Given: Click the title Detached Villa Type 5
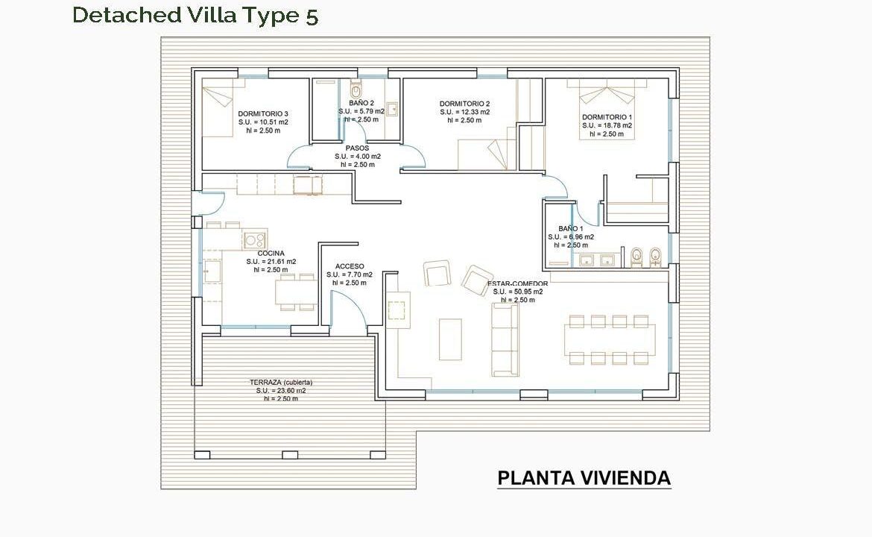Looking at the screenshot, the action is coord(195,16).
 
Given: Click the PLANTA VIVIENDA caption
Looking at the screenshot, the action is coord(584,479).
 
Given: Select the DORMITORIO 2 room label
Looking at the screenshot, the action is coord(464,104).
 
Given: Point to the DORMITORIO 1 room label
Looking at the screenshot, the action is coord(607,117).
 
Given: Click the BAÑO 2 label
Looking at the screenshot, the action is coord(361,103).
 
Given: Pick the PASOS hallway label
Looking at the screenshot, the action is coord(357,148).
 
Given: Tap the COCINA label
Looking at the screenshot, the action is coord(271,253).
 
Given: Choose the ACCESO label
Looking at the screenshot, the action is coord(350,266).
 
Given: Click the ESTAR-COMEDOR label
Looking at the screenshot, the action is coord(518,284).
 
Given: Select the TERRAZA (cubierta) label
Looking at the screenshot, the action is coord(281,383).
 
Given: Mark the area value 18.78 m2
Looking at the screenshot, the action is coord(613,125).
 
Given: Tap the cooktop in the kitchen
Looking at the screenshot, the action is coord(255,240).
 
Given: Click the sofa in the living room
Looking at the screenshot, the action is coord(505,339).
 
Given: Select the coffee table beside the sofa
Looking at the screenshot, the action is coord(450,339).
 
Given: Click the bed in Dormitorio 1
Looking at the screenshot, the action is coord(607,109).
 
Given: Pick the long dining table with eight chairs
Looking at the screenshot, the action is coord(610,339).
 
